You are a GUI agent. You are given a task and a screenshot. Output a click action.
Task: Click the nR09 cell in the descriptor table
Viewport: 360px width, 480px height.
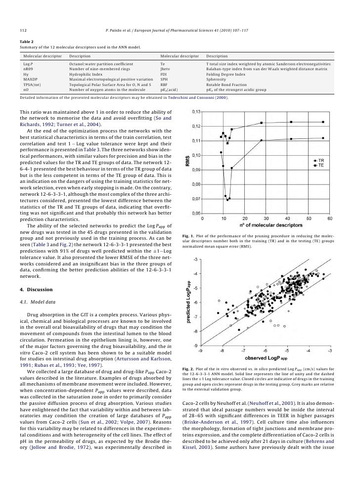[x=29, y=70]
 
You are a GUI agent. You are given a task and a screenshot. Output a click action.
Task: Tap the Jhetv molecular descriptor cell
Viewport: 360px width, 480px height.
[x=166, y=70]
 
